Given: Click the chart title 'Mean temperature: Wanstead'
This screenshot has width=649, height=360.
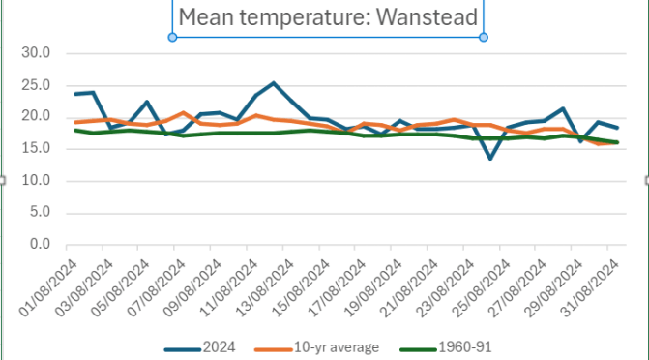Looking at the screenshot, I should click(x=327, y=15).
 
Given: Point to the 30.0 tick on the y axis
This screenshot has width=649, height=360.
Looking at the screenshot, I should click(x=36, y=53).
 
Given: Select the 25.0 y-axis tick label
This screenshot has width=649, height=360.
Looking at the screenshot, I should click(x=36, y=85).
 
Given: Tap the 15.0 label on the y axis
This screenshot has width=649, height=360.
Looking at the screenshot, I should click(x=36, y=149).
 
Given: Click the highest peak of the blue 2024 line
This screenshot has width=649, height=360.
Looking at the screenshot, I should click(x=274, y=83).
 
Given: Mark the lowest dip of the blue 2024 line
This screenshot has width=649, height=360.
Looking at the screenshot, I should click(x=490, y=158).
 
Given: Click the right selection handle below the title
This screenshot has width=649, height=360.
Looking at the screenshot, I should click(x=484, y=37).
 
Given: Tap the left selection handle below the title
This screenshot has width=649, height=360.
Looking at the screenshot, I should click(x=172, y=37).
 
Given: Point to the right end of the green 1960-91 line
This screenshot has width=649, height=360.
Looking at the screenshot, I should click(x=617, y=142).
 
